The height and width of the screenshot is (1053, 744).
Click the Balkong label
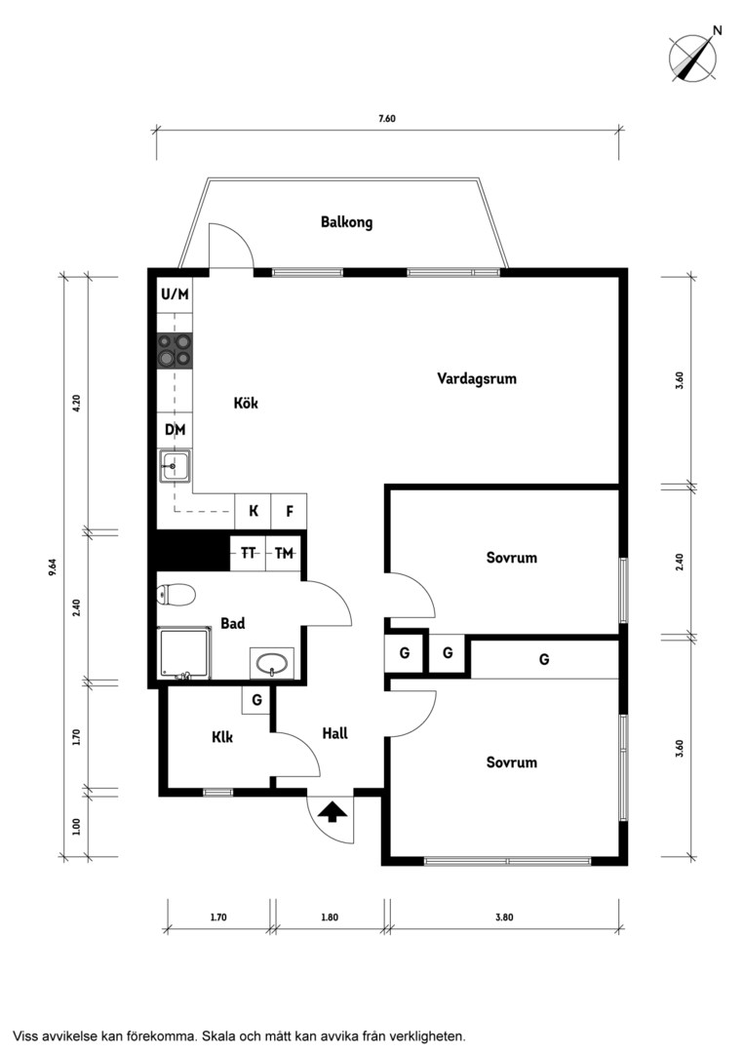pos(346,222)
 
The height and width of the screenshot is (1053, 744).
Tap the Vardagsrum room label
pos(477,378)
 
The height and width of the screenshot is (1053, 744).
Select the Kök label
pos(246,403)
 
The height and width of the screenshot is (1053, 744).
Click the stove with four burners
pos(175,351)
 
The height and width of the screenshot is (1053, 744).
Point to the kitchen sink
pos(175,465)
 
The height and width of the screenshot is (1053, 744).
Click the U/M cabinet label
pos(175,294)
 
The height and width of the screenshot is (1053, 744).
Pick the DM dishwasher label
pos(175,430)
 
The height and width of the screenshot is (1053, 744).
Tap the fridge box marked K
pos(254,512)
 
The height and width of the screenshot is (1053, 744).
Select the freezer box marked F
pos(290,512)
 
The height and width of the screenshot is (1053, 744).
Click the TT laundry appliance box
pos(248,554)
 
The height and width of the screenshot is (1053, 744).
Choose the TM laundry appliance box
pos(284,554)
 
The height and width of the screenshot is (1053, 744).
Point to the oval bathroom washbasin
pos(272,664)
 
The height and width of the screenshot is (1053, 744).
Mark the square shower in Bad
pos(184,654)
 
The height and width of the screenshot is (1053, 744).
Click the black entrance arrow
pos(333,812)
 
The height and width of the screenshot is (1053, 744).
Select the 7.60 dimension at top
pos(387,119)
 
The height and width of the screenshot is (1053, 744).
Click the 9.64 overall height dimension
pos(53,566)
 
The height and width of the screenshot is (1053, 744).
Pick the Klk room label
pos(222,737)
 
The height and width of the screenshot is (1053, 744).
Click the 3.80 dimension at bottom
pos(504,917)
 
